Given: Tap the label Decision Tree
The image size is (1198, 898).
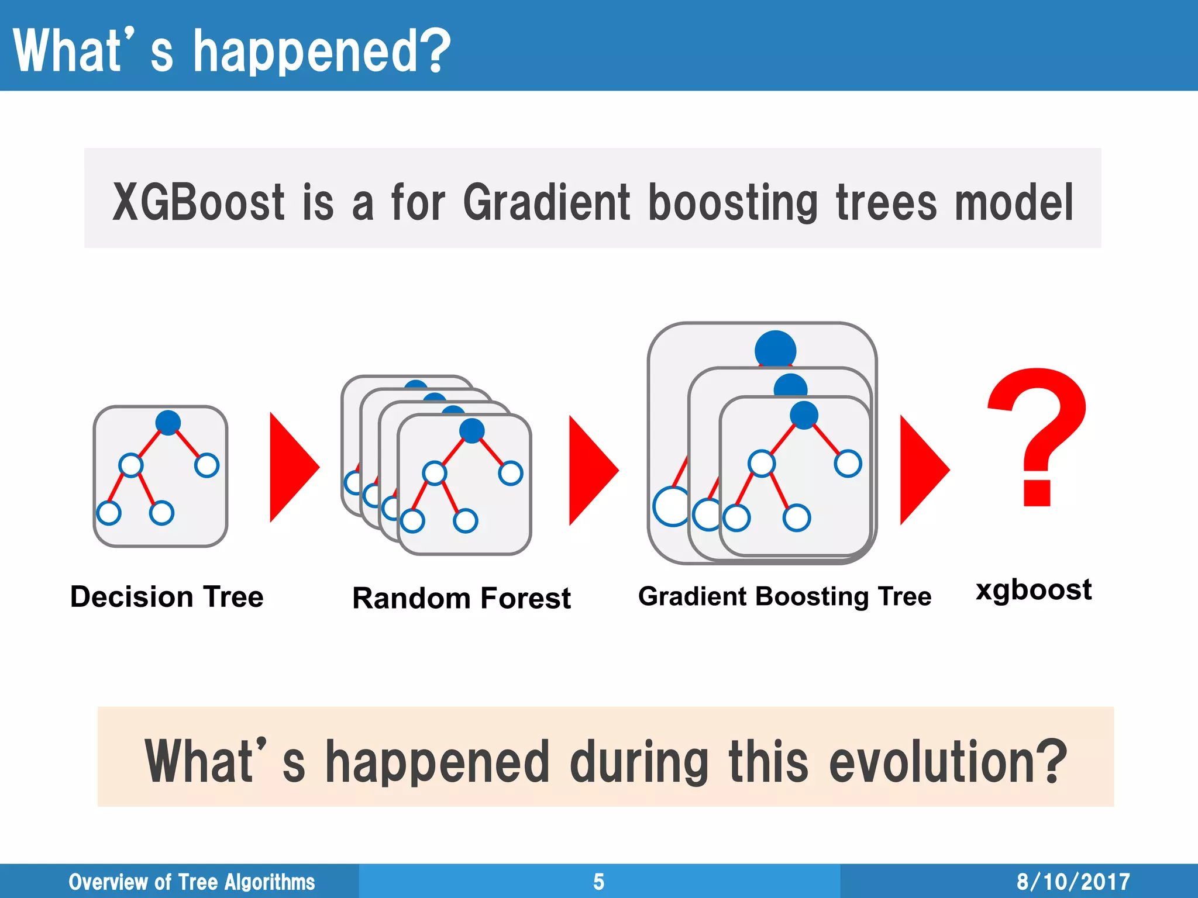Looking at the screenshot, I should click(167, 597).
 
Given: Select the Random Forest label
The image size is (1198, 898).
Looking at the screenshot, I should click(461, 598).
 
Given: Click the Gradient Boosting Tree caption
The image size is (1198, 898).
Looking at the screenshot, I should click(784, 596).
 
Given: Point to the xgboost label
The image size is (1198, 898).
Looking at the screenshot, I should click(1033, 589).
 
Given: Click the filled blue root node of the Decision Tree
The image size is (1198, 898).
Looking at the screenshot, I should click(168, 423).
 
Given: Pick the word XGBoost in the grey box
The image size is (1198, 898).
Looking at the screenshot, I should click(198, 202).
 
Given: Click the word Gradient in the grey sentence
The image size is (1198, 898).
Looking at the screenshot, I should click(547, 202).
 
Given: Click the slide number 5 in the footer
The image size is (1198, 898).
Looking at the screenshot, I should click(598, 882).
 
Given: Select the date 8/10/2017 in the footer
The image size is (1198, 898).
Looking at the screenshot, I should click(1073, 882).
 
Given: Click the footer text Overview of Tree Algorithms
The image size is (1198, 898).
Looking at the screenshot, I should click(191, 882).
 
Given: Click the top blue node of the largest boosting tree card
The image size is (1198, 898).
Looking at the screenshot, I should click(775, 350).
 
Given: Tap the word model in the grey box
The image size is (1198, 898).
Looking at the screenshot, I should click(1014, 202).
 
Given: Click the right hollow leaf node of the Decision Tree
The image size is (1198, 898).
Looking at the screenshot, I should click(206, 465).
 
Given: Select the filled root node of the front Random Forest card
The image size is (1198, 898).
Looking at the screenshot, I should click(471, 431).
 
